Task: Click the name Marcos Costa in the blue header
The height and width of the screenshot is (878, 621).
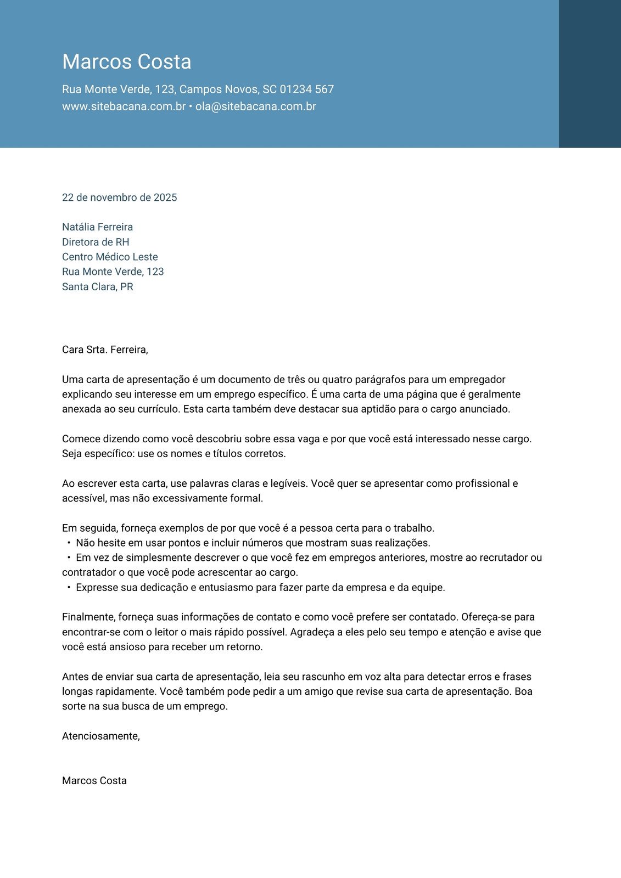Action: pos(126,61)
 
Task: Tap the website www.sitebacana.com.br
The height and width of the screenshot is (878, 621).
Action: pos(124,106)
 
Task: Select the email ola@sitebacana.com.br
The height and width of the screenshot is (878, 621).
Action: pos(255,106)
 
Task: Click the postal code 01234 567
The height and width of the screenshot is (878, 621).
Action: pos(306,89)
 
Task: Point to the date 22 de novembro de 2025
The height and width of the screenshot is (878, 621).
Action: pos(119,198)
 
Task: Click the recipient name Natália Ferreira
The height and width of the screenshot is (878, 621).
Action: pos(97,227)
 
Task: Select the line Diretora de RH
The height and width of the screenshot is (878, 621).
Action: pos(96,242)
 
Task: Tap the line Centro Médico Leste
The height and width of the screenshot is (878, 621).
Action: pos(110,257)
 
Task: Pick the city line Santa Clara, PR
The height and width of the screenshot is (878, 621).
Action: pos(97,286)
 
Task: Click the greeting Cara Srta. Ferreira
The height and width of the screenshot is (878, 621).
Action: pos(105,350)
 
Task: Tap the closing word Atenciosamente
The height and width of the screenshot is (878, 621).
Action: pos(100,736)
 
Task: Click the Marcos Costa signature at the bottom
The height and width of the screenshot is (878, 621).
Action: pos(94,781)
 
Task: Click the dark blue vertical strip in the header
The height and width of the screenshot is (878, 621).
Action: pos(590,74)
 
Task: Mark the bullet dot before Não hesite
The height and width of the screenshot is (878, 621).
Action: pos(69,543)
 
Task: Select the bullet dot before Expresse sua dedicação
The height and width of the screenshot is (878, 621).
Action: pos(69,588)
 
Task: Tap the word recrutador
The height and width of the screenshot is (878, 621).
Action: pos(503,558)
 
